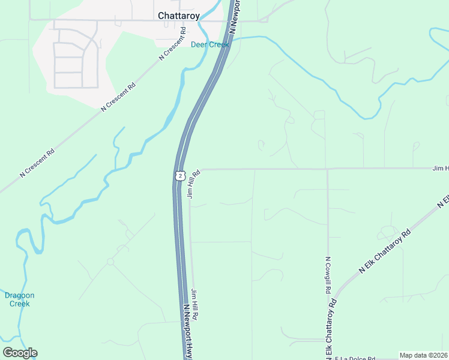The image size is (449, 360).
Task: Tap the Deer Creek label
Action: pyautogui.click(x=210, y=45)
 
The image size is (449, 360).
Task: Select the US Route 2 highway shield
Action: pyautogui.click(x=180, y=175)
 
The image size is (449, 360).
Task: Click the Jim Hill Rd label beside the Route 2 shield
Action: pyautogui.click(x=193, y=183)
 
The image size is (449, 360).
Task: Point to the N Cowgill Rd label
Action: pyautogui.click(x=328, y=275)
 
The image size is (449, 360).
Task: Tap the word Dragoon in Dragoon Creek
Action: pyautogui.click(x=20, y=295)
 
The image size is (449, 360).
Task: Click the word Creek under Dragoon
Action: pyautogui.click(x=20, y=304)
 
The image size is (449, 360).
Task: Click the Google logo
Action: pyautogui.click(x=20, y=352)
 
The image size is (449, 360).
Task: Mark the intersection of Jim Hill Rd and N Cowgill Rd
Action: pyautogui.click(x=327, y=169)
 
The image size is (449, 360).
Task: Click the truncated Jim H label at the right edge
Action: pyautogui.click(x=440, y=169)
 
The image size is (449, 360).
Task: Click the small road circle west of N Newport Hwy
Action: pyautogui.click(x=110, y=262)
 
